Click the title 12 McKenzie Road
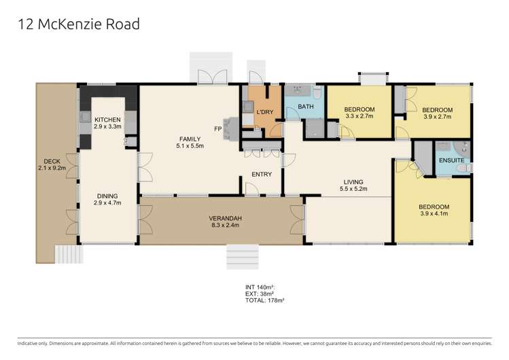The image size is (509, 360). click(x=78, y=24)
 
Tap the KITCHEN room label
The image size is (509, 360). click(x=107, y=120)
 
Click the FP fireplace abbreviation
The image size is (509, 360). click(x=219, y=128)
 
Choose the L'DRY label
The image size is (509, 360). click(x=264, y=111)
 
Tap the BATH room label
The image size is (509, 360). click(x=306, y=107)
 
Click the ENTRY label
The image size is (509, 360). click(x=262, y=175)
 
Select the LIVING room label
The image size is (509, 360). click(x=353, y=182)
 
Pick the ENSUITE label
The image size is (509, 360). click(x=452, y=160)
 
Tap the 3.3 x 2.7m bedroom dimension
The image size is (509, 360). click(x=359, y=117)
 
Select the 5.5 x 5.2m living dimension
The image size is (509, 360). click(x=353, y=190)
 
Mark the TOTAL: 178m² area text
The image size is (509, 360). click(x=265, y=300)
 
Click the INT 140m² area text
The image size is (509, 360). click(x=260, y=287)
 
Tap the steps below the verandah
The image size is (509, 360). click(x=243, y=257)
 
